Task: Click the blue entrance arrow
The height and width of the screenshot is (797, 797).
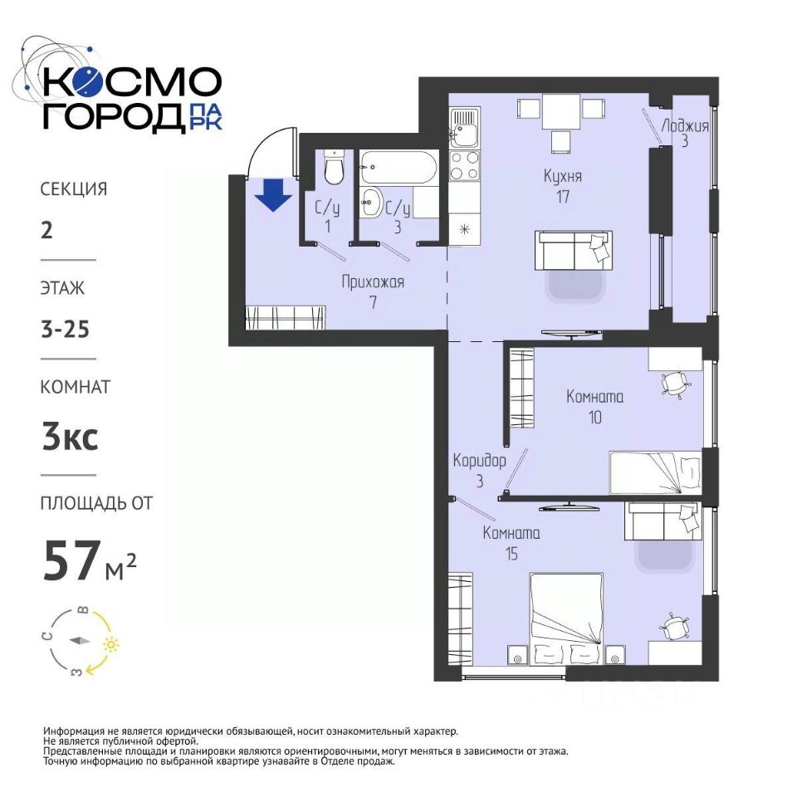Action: [273, 194]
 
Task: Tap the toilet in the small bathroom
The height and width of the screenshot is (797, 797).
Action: [334, 167]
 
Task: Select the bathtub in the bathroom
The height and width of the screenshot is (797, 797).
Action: [398, 167]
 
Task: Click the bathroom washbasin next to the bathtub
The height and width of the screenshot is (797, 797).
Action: [373, 203]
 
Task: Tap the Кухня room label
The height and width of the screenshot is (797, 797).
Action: [563, 176]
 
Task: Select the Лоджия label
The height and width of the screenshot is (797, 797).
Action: [685, 125]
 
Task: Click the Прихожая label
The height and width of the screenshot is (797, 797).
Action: [373, 281]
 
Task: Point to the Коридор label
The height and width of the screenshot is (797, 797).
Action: [479, 461]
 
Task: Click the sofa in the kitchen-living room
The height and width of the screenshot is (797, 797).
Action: [574, 250]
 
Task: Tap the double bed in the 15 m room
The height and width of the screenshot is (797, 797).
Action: [566, 619]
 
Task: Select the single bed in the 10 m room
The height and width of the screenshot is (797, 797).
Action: [656, 472]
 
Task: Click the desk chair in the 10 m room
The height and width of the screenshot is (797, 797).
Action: [674, 383]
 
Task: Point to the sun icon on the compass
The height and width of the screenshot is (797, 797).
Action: [111, 644]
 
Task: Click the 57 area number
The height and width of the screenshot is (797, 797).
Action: [70, 560]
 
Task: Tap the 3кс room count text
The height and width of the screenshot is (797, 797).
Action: [70, 438]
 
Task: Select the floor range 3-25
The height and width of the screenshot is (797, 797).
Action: [66, 330]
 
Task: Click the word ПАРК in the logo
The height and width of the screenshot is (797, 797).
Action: [205, 117]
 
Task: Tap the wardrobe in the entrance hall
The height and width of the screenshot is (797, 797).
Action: [285, 318]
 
